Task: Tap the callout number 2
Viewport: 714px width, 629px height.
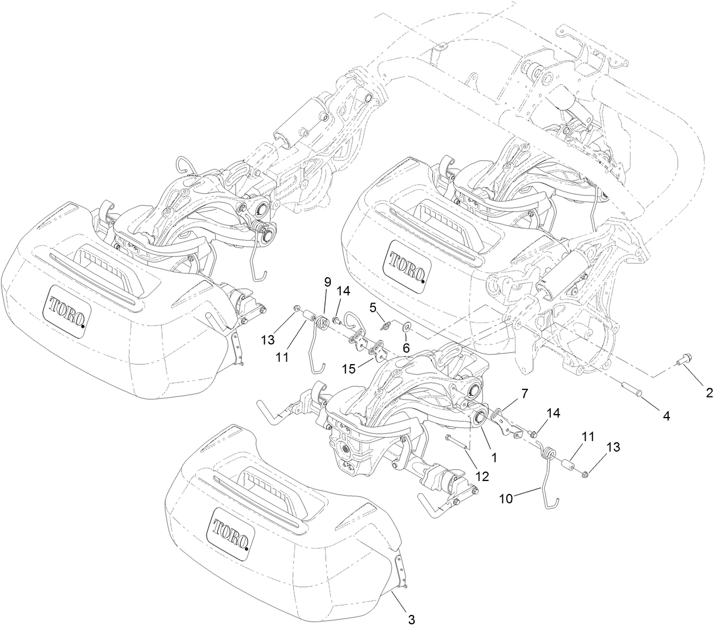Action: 709,393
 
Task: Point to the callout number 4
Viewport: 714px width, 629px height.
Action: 665,415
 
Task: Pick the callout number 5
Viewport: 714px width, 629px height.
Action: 372,307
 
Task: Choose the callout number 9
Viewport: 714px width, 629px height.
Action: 327,282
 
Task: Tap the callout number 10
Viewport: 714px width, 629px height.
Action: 506,498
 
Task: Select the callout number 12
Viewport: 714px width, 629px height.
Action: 482,476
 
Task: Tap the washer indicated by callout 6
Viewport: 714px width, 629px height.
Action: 405,327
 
